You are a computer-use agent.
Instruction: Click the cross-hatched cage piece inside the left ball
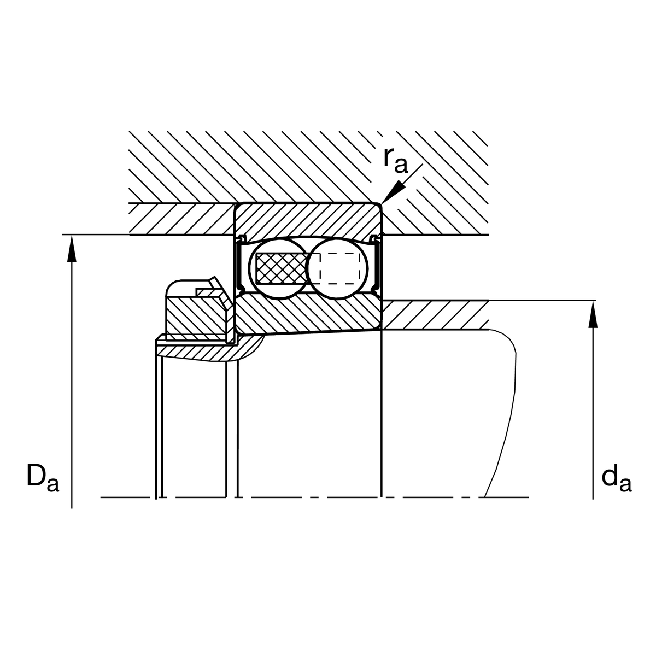point(280,268)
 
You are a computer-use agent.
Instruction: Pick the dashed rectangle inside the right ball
point(342,268)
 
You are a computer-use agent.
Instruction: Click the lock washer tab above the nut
point(211,288)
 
